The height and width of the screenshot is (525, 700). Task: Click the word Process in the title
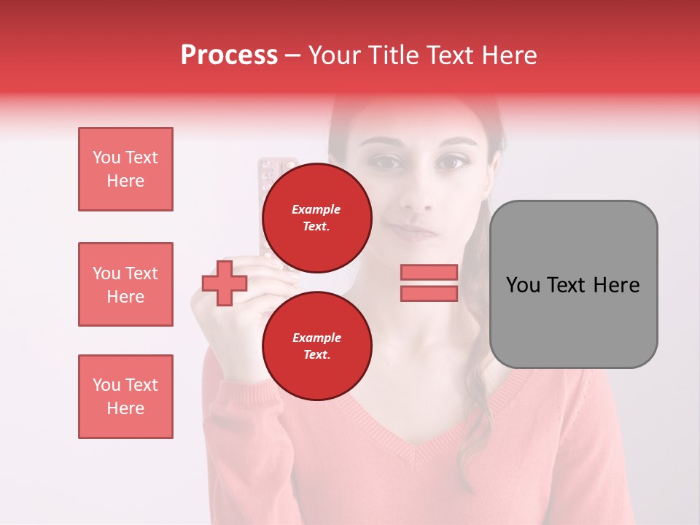[x=229, y=55]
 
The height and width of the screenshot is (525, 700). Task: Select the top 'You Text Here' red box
[x=125, y=169]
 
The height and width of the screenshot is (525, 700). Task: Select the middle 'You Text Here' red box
[x=125, y=284]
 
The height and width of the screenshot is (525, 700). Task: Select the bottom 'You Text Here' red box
[x=125, y=396]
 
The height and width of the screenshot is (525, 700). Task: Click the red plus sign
[x=225, y=283]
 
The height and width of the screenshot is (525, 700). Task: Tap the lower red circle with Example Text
[x=316, y=346]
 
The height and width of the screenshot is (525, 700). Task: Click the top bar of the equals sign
[x=429, y=272]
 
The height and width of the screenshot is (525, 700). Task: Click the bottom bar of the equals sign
[x=429, y=293]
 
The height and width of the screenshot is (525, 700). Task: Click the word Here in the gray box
[x=616, y=285]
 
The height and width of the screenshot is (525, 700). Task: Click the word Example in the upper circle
[x=316, y=209]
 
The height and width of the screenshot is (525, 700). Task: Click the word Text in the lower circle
[x=316, y=354]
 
